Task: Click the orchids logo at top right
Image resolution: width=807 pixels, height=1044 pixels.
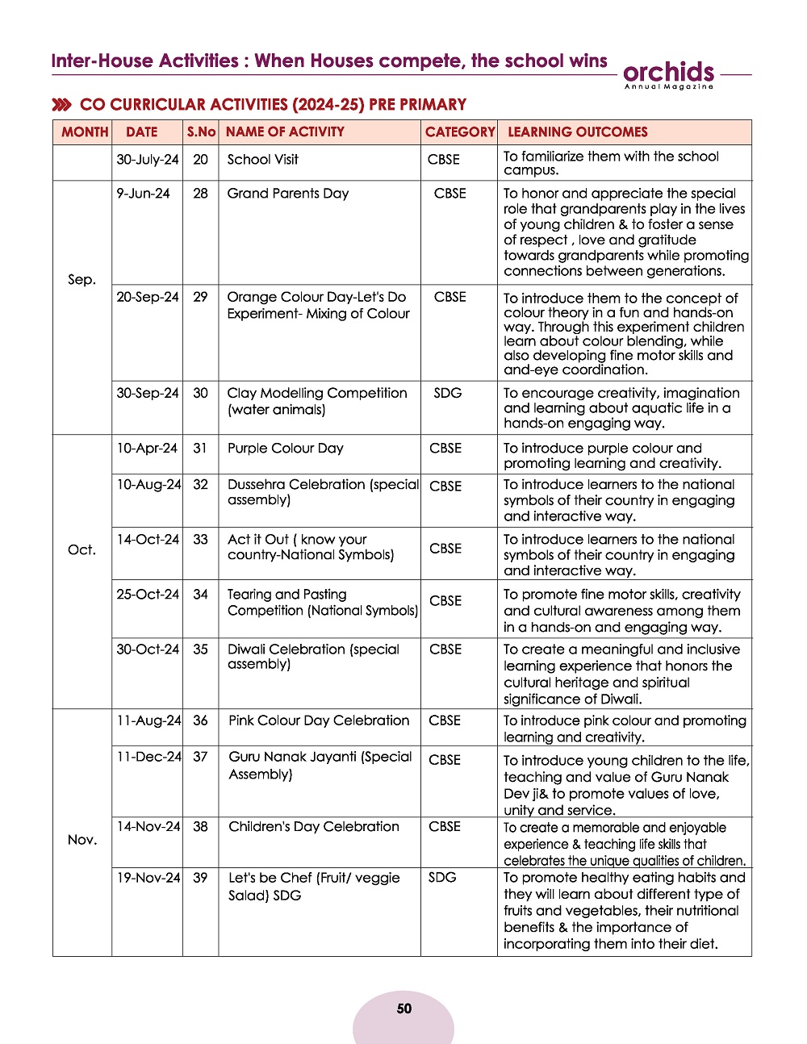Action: (669, 74)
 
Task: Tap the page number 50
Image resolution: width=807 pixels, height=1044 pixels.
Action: (404, 1009)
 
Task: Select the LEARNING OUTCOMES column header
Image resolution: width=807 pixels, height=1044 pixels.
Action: (577, 132)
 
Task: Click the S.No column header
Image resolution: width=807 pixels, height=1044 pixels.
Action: (201, 132)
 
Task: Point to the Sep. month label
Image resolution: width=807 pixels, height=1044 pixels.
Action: (82, 279)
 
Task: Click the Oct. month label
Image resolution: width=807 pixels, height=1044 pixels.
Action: (82, 549)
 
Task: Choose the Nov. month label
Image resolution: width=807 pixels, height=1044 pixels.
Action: (82, 840)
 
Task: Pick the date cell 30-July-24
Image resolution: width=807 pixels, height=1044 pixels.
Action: (147, 160)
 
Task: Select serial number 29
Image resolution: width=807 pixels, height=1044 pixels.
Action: (200, 297)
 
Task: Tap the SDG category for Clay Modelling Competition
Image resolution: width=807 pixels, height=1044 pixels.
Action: (447, 393)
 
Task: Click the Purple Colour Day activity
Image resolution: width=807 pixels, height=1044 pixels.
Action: (285, 448)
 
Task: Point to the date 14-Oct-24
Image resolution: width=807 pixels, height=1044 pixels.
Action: (148, 539)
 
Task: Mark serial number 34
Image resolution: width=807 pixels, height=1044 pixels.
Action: (200, 594)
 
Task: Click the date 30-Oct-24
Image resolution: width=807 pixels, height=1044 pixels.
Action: (148, 649)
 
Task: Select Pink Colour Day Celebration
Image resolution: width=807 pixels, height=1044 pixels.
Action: (319, 720)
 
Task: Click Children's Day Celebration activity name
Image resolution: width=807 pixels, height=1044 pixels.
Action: (313, 826)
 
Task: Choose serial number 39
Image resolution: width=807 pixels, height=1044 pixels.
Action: (200, 877)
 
